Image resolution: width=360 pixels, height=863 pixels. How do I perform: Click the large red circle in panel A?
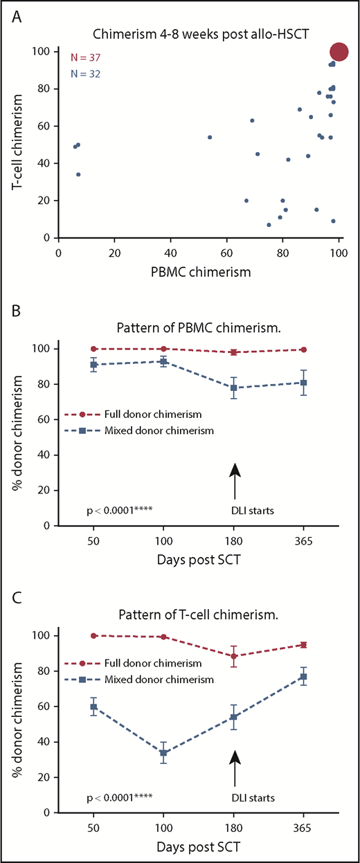pos(339,51)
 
